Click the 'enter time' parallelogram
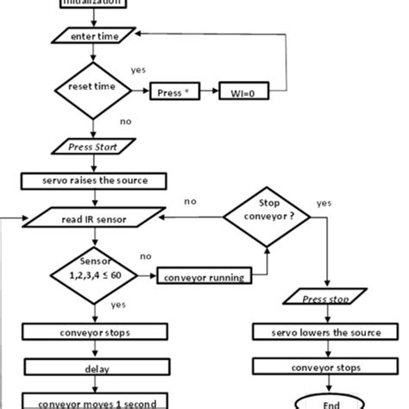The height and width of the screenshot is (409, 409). pos(91,35)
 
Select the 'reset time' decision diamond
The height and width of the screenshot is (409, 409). pos(91,89)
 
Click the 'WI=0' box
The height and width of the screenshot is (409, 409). pos(245,90)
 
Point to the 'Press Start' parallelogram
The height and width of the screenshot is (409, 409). pos(91,147)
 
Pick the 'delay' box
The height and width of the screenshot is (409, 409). pos(91,367)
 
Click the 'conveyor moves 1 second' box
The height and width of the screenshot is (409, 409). pos(91,401)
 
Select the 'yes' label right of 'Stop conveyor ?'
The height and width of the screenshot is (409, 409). pos(324,204)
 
